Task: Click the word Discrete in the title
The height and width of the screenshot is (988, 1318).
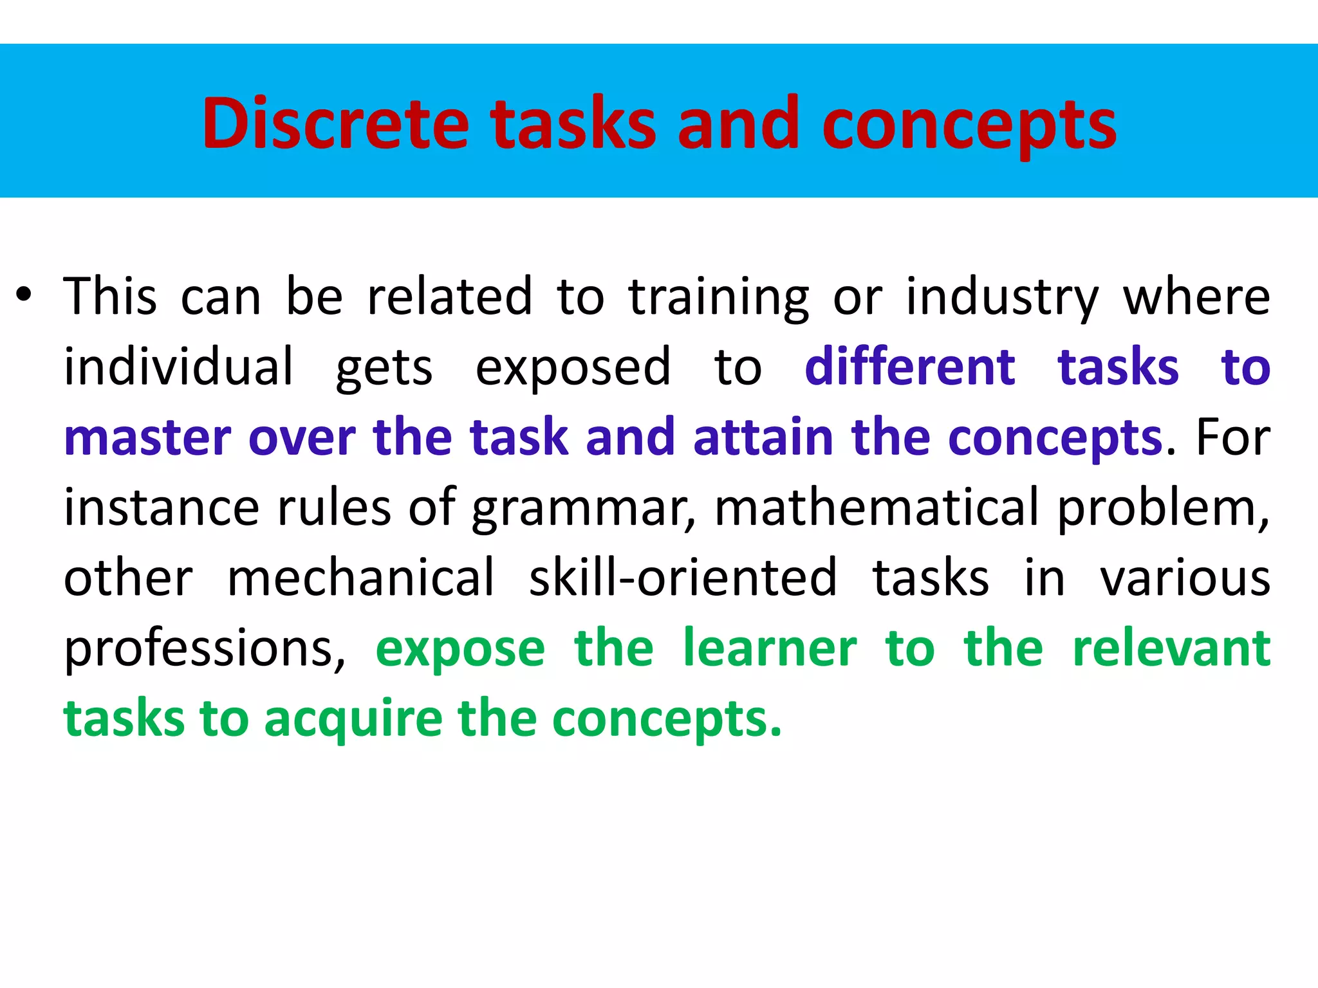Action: (x=335, y=123)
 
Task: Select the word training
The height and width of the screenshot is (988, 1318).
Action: (x=718, y=297)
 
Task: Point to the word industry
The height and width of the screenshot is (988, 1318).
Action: (x=1002, y=297)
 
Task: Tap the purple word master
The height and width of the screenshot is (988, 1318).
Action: (x=147, y=437)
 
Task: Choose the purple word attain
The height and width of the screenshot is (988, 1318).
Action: (x=763, y=437)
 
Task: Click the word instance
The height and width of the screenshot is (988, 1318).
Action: (x=162, y=508)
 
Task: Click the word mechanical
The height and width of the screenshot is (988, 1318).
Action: (x=361, y=578)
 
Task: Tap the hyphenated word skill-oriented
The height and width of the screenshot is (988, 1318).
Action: (x=683, y=578)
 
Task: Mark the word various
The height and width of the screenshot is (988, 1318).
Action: (x=1185, y=578)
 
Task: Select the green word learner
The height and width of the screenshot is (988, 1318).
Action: (x=770, y=648)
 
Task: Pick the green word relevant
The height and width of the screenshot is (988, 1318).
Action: (x=1171, y=648)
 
